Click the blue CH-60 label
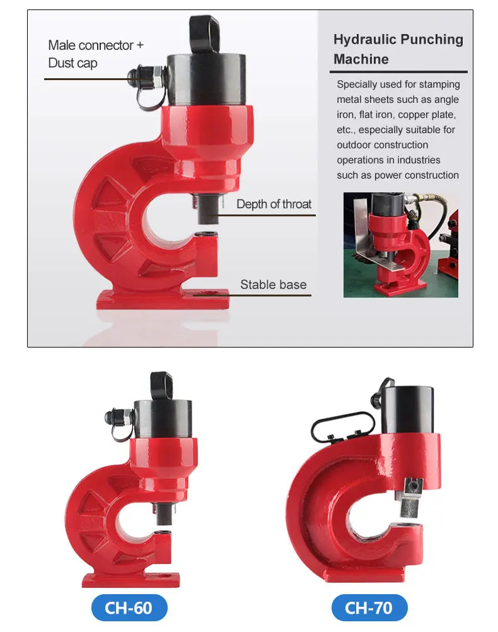coord(129,608)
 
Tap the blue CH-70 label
coord(369,608)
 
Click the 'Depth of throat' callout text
coord(274,204)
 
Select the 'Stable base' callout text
coord(273,284)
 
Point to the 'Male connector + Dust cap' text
coord(96,54)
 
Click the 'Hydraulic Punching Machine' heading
coord(398,49)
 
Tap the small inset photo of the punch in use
coord(400,245)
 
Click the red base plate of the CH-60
coord(132,578)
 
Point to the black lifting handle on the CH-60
coord(161,385)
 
